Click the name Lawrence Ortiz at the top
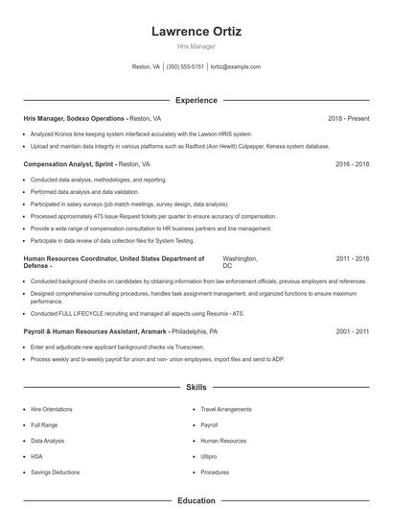pyautogui.click(x=196, y=32)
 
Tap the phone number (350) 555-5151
pyautogui.click(x=185, y=67)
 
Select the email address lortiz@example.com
pyautogui.click(x=235, y=67)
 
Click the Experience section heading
pyautogui.click(x=196, y=100)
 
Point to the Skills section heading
pyautogui.click(x=196, y=387)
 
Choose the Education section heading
pyautogui.click(x=196, y=500)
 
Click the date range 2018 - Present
pyautogui.click(x=348, y=118)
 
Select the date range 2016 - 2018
pyautogui.click(x=353, y=164)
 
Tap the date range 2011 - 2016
pyautogui.click(x=353, y=258)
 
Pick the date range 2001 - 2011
pyautogui.click(x=353, y=330)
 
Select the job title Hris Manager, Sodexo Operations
pyautogui.click(x=75, y=118)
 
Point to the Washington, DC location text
pyautogui.click(x=239, y=261)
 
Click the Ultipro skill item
pyautogui.click(x=209, y=457)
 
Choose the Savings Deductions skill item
pyautogui.click(x=55, y=473)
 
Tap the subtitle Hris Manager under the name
pyautogui.click(x=196, y=46)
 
